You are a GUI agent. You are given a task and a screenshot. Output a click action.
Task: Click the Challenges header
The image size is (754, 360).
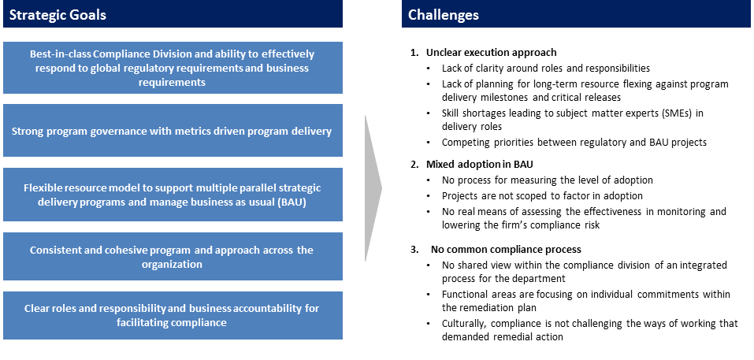coord(444,15)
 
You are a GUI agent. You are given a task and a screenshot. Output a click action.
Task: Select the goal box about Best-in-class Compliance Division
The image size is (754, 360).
coord(173,68)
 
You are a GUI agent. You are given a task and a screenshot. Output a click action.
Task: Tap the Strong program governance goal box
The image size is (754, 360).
coord(173,131)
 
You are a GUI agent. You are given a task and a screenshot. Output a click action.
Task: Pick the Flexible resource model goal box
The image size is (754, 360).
coord(173,195)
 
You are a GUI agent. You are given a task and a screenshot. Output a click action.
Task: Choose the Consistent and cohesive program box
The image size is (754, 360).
coord(173,257)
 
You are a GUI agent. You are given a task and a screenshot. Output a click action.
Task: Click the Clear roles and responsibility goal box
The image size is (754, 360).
coord(173,315)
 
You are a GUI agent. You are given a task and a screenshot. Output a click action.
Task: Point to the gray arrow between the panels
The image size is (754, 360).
coord(372,188)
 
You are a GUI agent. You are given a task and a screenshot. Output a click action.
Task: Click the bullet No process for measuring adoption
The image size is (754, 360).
coord(547,180)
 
